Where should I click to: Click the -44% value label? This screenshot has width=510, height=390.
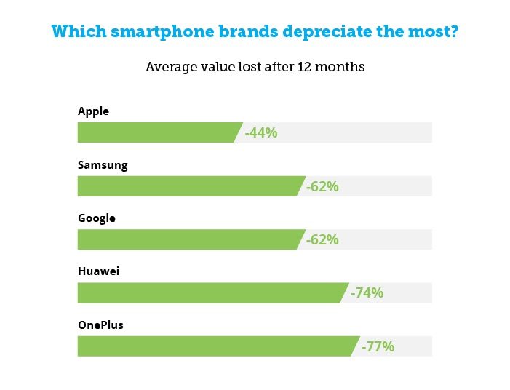pos(261,132)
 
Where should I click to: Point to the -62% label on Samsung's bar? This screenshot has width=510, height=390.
pos(322,186)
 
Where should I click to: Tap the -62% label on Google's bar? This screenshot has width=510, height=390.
pos(322,239)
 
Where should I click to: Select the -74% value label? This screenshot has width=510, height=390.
pos(367,292)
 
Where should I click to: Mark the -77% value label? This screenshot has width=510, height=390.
pos(378,346)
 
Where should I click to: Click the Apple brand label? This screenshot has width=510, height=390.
pos(93,111)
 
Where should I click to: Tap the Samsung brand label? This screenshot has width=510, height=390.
pos(103,164)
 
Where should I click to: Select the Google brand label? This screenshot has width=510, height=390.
pos(97,218)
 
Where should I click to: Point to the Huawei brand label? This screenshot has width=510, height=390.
pos(98,271)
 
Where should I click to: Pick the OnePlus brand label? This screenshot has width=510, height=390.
pos(100,325)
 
